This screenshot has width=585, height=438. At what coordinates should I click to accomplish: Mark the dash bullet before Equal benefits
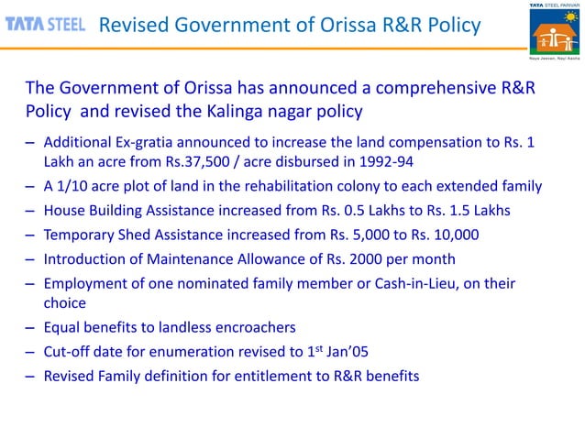coord(31,328)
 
